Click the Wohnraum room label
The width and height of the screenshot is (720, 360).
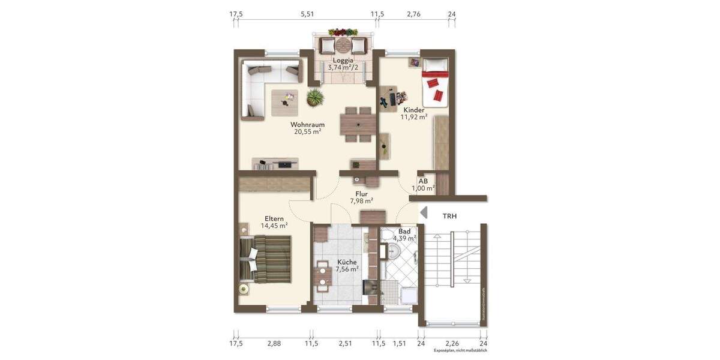(307, 125)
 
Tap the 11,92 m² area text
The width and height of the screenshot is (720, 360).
(414, 118)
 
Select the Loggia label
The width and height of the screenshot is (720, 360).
(343, 60)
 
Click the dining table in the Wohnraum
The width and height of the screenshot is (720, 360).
(358, 124)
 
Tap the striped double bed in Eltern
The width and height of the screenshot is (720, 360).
(267, 257)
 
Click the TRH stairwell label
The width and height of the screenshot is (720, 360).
(449, 216)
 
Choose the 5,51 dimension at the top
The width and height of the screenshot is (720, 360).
(307, 14)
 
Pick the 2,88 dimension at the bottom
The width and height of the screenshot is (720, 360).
(274, 344)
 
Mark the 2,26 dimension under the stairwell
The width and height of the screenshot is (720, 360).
(452, 344)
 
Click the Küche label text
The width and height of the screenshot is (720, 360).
(347, 262)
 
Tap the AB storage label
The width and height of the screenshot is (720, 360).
(423, 181)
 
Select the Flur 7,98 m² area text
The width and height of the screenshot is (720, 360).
(362, 201)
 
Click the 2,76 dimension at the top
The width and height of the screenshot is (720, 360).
(414, 14)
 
